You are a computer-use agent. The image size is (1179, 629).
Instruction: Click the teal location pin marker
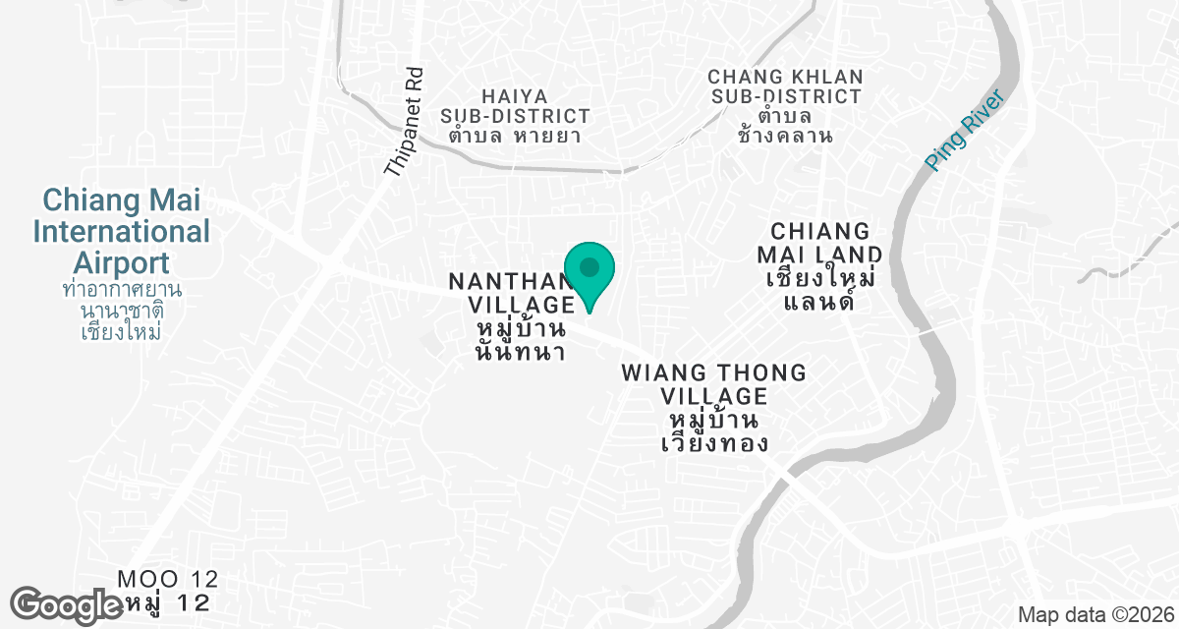(589, 271)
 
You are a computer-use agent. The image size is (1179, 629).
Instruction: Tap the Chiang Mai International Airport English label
(122, 232)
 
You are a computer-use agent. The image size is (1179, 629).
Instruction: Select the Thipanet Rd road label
(404, 122)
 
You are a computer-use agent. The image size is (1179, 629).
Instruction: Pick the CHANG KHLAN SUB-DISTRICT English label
(785, 86)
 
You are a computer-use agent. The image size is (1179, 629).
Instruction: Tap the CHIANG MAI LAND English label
(820, 243)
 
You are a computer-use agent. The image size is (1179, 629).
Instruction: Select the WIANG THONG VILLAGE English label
(713, 384)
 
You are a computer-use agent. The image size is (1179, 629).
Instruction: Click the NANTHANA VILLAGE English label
(511, 293)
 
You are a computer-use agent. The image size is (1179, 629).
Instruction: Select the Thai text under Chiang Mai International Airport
(122, 311)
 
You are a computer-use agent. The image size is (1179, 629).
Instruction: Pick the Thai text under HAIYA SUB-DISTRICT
(515, 136)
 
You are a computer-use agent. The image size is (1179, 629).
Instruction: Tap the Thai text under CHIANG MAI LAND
(820, 289)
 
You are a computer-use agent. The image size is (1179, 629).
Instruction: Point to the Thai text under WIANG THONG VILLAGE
(713, 432)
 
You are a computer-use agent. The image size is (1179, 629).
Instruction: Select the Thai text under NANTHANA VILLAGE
(520, 338)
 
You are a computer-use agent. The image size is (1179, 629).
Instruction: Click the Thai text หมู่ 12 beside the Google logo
(168, 601)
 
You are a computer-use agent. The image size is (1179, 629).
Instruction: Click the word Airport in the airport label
(122, 263)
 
